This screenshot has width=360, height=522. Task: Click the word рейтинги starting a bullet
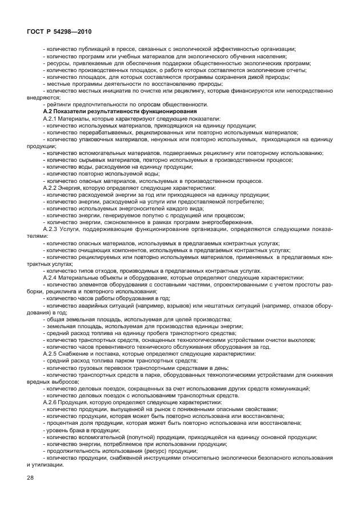(x=59, y=104)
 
